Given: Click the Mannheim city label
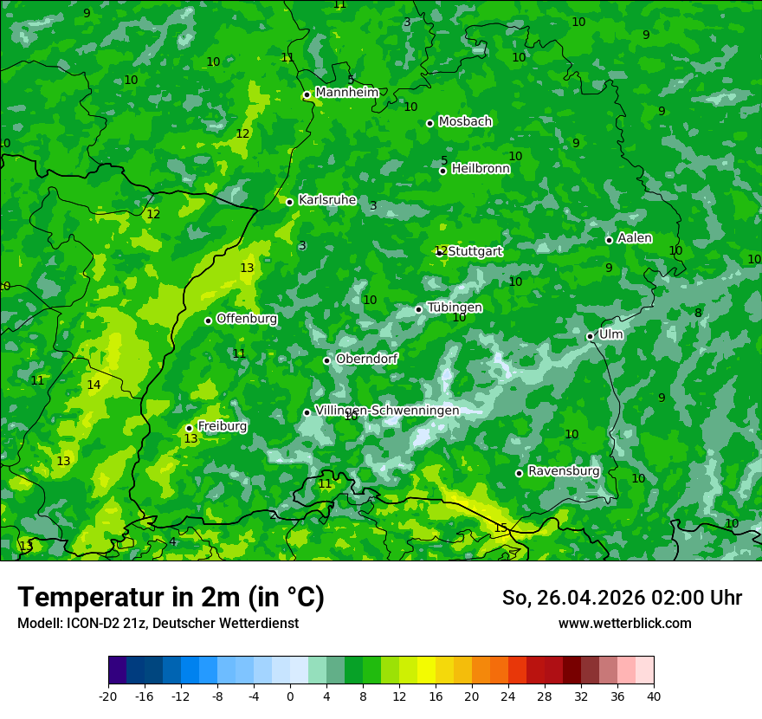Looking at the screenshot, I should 346,93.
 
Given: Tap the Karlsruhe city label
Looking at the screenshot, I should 326,200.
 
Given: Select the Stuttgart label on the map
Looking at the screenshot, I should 475,251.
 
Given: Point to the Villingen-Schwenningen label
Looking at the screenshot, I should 387,411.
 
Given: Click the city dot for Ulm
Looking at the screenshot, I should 591,336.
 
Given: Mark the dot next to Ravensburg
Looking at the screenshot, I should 520,473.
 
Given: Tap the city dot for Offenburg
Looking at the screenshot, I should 209,321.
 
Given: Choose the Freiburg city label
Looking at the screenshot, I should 222,426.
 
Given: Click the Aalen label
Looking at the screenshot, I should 635,238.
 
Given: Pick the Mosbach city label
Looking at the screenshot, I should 465,122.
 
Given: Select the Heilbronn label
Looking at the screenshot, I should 481,169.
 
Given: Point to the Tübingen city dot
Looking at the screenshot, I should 419,309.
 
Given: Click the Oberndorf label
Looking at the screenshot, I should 366,359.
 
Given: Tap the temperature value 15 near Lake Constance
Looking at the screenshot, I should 500,528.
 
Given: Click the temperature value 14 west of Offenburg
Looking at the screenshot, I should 94,385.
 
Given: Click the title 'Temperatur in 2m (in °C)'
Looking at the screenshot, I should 171,598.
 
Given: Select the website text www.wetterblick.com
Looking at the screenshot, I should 624,623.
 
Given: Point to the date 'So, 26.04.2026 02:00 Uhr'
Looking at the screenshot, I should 622,598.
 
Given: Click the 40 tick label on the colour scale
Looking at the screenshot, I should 653,696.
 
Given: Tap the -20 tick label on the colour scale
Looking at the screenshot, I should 108,696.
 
